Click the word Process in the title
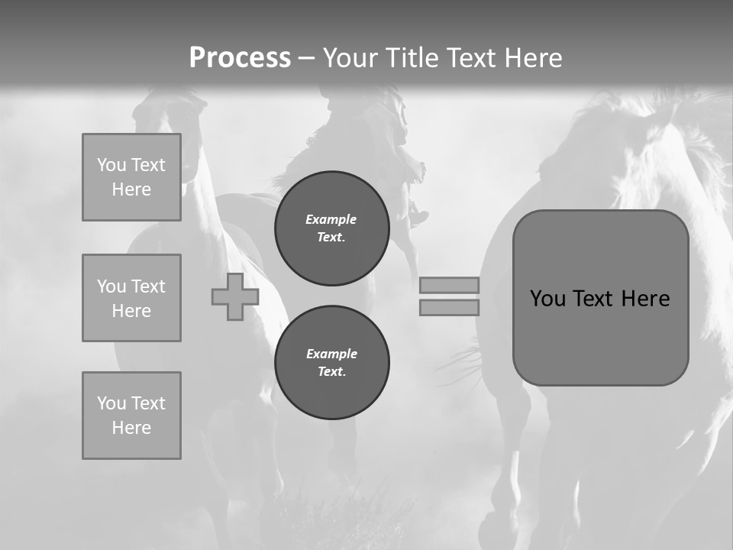(x=240, y=58)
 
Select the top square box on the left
(x=131, y=177)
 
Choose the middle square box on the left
(x=131, y=298)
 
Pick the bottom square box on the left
(x=131, y=416)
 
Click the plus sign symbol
(x=234, y=297)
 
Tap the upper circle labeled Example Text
(x=331, y=228)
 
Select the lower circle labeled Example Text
(x=331, y=363)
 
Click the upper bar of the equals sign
(x=449, y=286)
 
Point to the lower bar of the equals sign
(x=449, y=308)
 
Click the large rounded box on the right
(x=600, y=336)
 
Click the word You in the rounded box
(x=547, y=299)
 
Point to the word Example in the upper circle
(x=331, y=219)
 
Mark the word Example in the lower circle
(x=331, y=354)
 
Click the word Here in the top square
(x=131, y=189)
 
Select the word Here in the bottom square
(x=131, y=428)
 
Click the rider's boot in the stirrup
(x=418, y=217)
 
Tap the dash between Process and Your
(x=306, y=59)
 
